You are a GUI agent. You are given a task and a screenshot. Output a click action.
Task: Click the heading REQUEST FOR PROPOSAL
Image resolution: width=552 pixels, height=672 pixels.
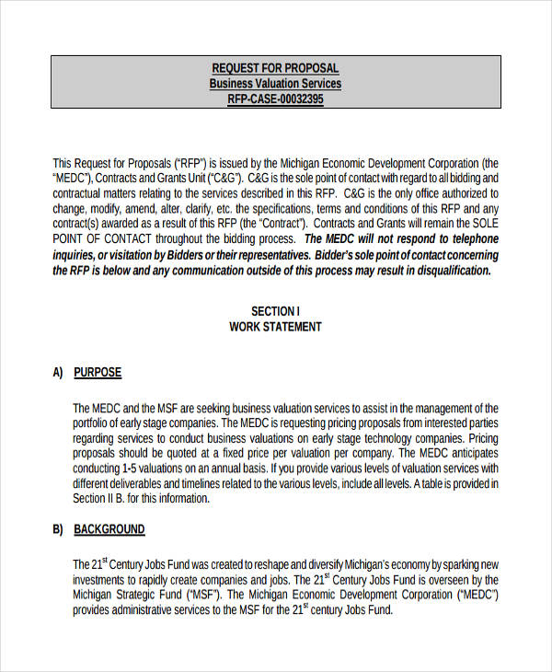[275, 68]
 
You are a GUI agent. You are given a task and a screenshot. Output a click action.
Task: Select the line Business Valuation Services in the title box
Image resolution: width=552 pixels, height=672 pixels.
[275, 84]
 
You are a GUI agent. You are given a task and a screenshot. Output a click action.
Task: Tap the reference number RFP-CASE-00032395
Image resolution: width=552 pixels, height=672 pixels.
[275, 99]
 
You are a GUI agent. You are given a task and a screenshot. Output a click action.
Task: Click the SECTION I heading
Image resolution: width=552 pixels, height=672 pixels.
[275, 310]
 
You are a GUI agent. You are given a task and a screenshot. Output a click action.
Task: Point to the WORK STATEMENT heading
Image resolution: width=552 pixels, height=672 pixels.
[275, 327]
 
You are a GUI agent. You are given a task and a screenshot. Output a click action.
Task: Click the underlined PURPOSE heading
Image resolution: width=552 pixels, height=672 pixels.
[98, 373]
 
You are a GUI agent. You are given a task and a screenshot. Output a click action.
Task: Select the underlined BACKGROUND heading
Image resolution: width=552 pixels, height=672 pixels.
[109, 529]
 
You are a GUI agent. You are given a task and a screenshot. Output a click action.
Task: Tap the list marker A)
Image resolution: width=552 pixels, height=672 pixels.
[58, 373]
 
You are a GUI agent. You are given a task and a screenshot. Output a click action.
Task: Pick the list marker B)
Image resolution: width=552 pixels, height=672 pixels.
[58, 529]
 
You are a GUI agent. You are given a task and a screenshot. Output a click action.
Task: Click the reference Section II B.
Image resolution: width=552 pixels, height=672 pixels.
[103, 499]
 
